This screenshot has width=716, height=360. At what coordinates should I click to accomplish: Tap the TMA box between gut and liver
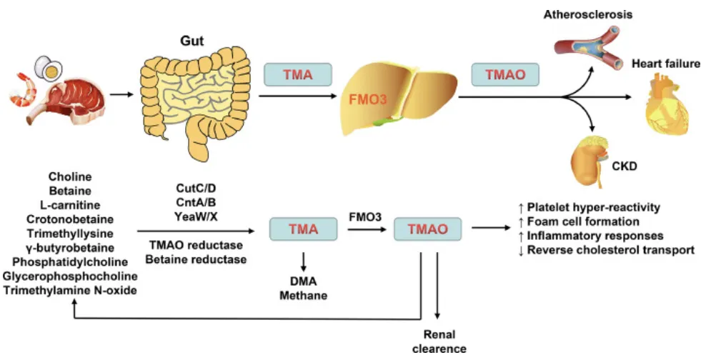pyautogui.click(x=298, y=74)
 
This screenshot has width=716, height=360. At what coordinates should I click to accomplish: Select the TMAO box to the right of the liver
pyautogui.click(x=506, y=74)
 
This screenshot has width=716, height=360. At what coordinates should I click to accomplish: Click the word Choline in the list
pyautogui.click(x=69, y=176)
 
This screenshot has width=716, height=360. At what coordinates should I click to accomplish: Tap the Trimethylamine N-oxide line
pyautogui.click(x=69, y=290)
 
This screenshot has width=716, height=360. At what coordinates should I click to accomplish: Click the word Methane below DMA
pyautogui.click(x=304, y=295)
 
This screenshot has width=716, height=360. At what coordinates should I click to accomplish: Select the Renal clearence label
pyautogui.click(x=439, y=341)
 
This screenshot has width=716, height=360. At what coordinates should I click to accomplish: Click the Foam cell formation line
pyautogui.click(x=580, y=221)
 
